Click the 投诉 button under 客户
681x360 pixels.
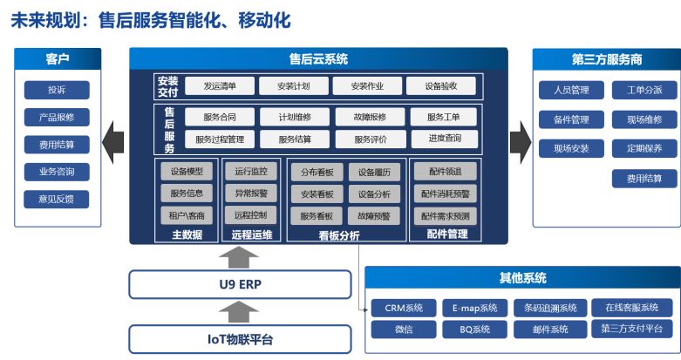(x=57, y=90)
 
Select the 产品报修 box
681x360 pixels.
(x=57, y=118)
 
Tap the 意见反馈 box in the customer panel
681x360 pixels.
(x=57, y=200)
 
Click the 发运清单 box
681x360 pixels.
(x=220, y=86)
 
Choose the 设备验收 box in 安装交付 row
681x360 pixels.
(x=441, y=86)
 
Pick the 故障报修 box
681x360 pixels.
(x=370, y=117)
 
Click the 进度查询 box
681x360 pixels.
(x=445, y=139)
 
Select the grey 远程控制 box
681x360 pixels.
(x=251, y=215)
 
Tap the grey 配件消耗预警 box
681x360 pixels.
(x=446, y=194)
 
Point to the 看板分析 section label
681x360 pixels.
(x=339, y=235)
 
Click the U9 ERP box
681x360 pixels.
(x=240, y=284)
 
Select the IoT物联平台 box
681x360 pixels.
(x=240, y=339)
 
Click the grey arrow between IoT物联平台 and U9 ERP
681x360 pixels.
(x=239, y=312)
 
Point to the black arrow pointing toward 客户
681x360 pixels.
(x=113, y=142)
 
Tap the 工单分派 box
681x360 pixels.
(x=644, y=90)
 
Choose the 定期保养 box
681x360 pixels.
(x=644, y=148)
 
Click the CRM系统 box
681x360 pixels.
(x=404, y=308)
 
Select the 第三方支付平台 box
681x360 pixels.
(x=632, y=329)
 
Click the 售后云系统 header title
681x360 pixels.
(x=319, y=59)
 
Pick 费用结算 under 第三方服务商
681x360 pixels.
(x=644, y=179)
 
